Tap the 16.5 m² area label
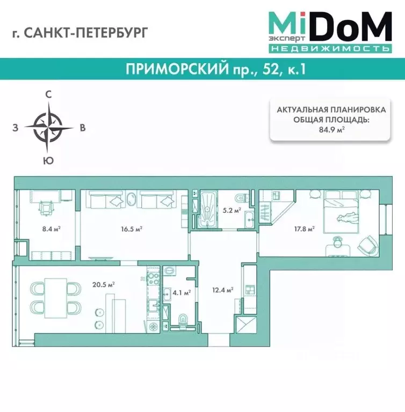click(131, 228)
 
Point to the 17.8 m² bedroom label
click(303, 228)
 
